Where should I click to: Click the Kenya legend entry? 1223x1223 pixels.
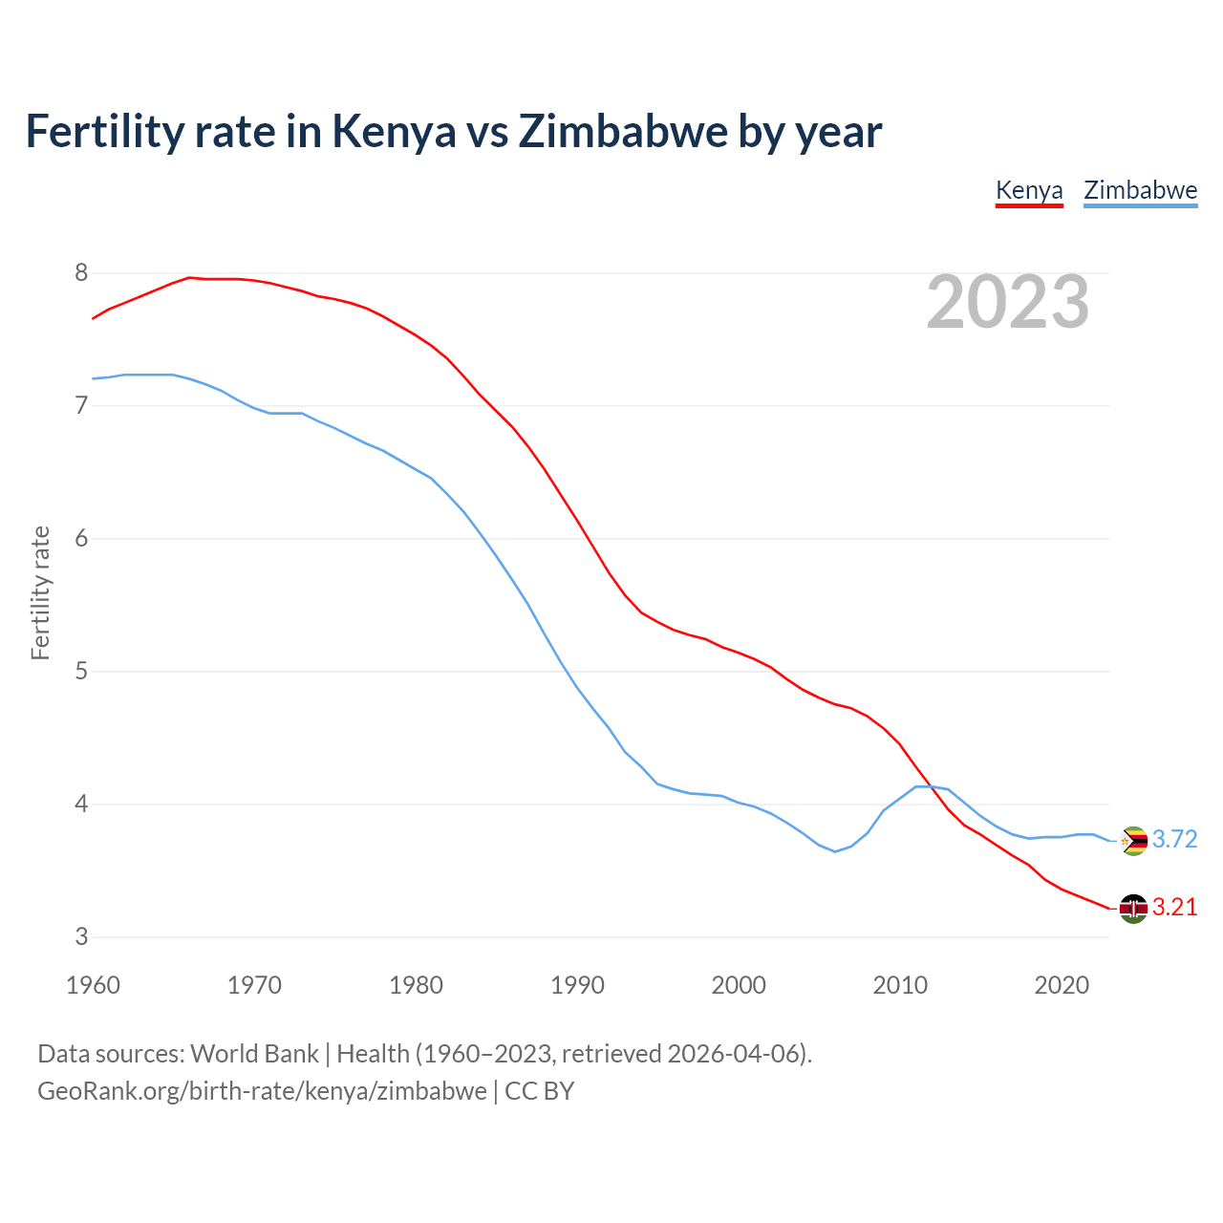pos(1029,190)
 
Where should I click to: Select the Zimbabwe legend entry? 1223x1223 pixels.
pos(1140,190)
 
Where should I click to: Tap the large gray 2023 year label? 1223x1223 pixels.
pos(1008,302)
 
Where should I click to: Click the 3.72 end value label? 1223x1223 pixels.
pos(1174,839)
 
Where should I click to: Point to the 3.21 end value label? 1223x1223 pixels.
pos(1174,907)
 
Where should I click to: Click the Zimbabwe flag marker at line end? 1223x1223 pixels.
pos(1133,841)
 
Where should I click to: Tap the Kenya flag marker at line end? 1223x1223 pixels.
pos(1133,909)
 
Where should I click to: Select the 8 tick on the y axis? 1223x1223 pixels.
pos(81,273)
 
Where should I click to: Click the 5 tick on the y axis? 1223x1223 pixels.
pos(81,672)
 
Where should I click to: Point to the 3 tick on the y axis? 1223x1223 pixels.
pos(81,937)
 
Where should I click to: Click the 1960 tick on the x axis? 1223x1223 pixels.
pos(93,985)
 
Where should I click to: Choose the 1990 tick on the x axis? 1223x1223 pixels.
pos(577,985)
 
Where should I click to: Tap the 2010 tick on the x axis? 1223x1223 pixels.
pos(900,985)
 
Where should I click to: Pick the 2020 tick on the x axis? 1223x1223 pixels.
pos(1062,985)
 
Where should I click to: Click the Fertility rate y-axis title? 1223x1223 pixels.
pos(40,592)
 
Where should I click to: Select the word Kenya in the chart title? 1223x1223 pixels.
pos(394,132)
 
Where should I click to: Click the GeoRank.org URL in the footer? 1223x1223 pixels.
pos(262,1091)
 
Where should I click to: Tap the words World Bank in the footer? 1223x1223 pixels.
pos(254,1054)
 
